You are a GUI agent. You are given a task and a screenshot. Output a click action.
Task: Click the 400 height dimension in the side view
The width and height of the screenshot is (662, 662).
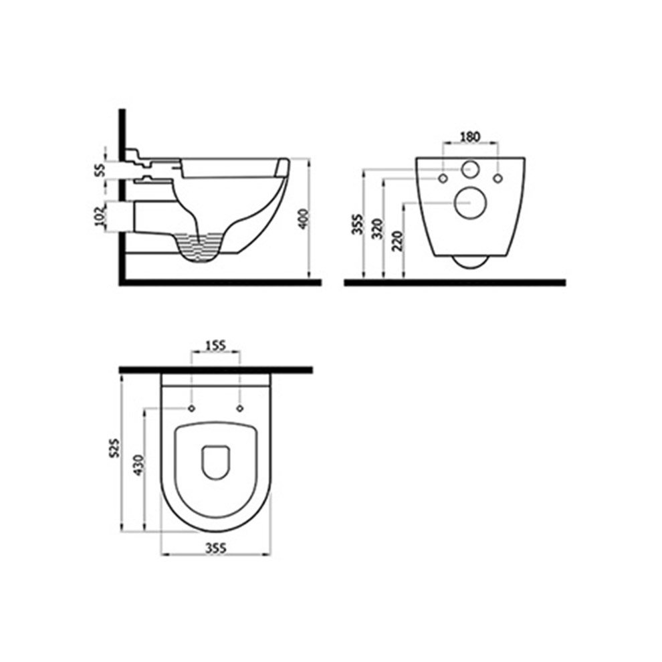tap(304, 219)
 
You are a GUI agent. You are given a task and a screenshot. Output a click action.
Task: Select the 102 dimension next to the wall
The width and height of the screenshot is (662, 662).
tap(100, 216)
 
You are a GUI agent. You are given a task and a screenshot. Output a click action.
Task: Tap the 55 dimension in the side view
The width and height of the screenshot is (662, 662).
tap(100, 171)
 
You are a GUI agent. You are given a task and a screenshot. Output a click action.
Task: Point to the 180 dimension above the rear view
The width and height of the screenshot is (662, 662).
tap(470, 137)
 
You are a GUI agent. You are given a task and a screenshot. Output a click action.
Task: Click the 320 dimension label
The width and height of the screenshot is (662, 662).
tap(378, 229)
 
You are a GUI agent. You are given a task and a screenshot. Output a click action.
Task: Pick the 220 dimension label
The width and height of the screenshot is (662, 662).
tap(398, 241)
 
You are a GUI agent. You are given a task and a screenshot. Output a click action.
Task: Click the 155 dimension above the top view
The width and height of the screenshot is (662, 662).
tap(216, 345)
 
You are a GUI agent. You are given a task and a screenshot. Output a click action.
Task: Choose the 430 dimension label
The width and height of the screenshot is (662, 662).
tap(139, 465)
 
